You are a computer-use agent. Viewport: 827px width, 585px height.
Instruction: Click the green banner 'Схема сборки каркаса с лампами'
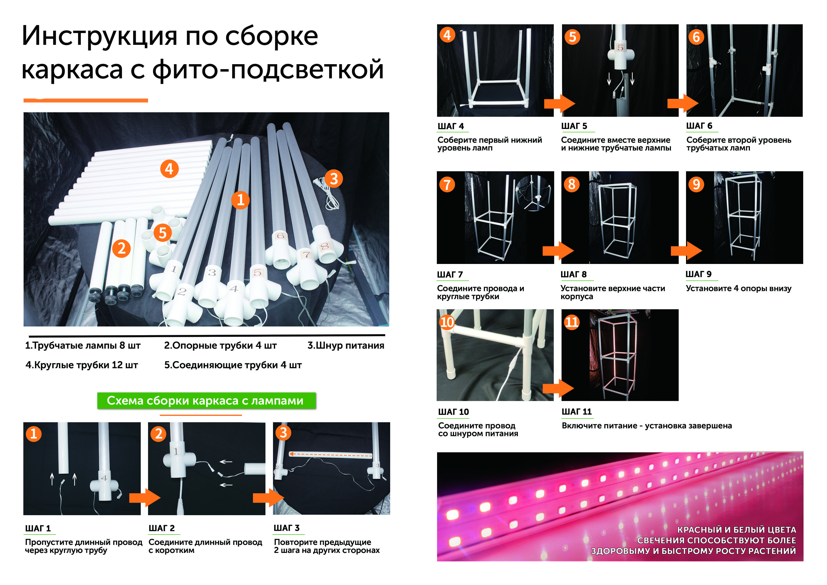[x=206, y=401]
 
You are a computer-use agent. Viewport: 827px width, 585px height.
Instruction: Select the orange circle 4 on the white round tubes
[x=169, y=169]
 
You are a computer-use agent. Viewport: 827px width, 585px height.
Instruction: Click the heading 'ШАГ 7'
[x=450, y=275]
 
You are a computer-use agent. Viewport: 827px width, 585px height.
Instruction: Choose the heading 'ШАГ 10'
[x=454, y=412]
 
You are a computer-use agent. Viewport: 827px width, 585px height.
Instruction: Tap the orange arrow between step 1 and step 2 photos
[x=145, y=498]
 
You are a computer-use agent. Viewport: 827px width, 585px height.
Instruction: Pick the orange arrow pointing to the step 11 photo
[x=558, y=388]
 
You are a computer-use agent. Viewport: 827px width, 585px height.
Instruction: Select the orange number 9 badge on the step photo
[x=696, y=184]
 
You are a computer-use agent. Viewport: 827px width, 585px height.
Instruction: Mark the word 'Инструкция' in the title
[x=100, y=36]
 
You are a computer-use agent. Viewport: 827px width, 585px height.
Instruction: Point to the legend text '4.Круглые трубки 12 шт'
[x=82, y=365]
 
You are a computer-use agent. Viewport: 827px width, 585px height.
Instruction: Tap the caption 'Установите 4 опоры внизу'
[x=738, y=288]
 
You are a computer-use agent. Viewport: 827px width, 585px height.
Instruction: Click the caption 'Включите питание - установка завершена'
[x=647, y=426]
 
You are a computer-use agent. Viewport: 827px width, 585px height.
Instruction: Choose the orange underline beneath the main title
[x=86, y=100]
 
